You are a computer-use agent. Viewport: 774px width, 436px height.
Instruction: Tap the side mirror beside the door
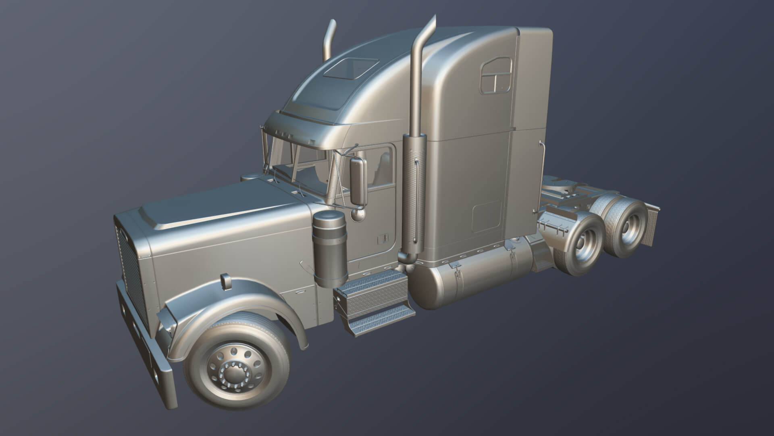tap(357, 181)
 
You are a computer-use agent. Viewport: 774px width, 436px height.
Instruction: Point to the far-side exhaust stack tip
tap(333, 24)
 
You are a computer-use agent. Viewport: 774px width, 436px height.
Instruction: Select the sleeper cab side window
tap(496, 75)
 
